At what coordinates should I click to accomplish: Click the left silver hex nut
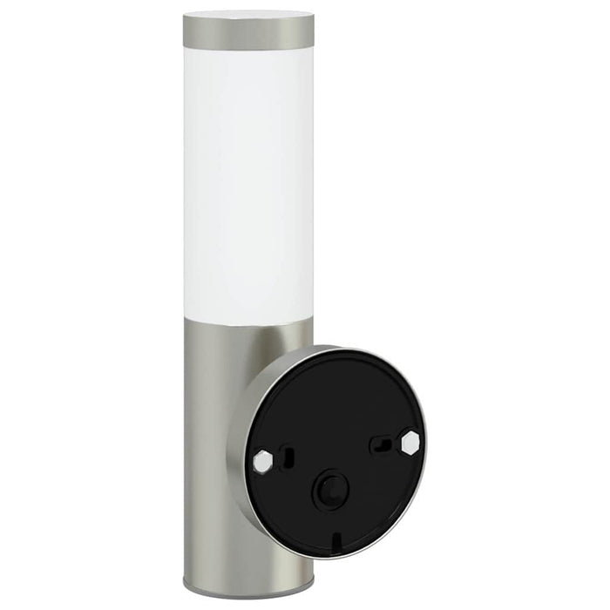[261, 459]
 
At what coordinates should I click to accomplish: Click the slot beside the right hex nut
[382, 445]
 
